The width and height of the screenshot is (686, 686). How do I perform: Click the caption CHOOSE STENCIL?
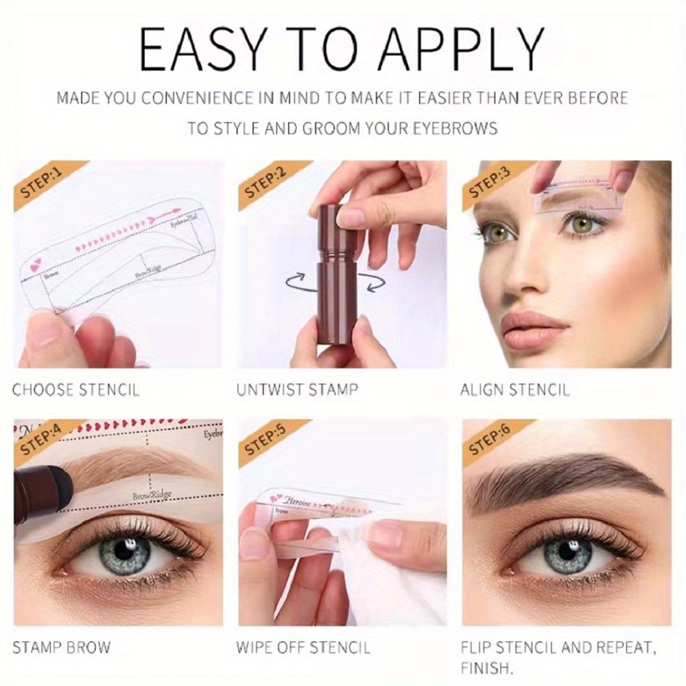tap(75, 390)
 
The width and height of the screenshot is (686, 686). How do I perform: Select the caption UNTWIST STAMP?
tap(297, 390)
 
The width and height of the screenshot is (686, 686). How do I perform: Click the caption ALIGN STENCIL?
tap(514, 390)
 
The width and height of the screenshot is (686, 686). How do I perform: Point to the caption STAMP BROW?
tap(61, 646)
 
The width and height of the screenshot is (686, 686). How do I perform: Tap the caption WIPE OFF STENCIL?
tap(303, 646)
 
